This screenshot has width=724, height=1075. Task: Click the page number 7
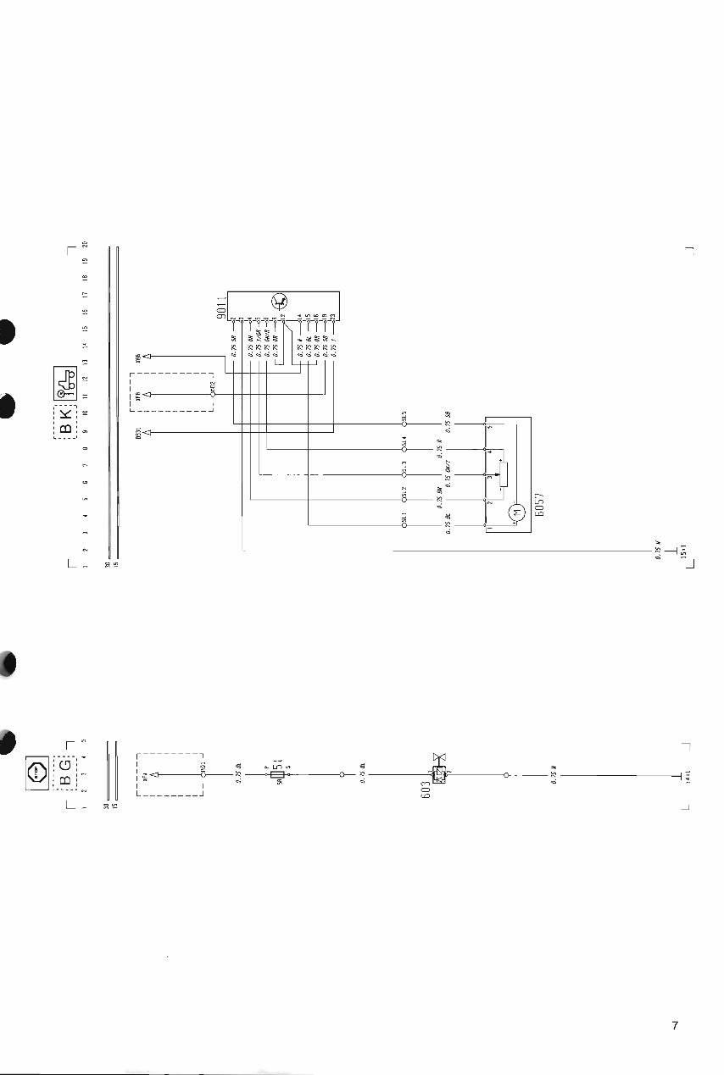[x=675, y=1026]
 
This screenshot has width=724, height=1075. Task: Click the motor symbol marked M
[x=514, y=512]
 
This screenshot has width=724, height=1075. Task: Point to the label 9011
[x=220, y=308]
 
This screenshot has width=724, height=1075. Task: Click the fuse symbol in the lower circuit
[x=278, y=773]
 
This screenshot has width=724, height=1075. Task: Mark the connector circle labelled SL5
[x=405, y=424]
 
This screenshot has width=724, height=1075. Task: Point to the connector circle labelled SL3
[x=405, y=474]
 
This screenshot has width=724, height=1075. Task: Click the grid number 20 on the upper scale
[x=84, y=245]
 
